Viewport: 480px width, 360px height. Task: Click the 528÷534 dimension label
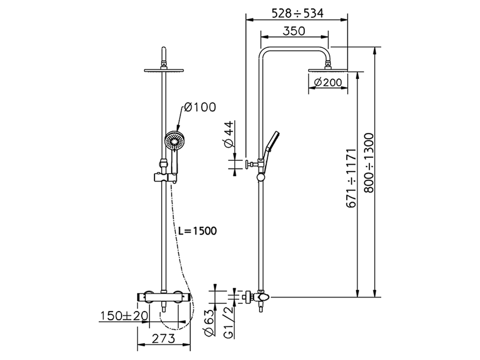297,13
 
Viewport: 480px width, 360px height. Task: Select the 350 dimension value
294,31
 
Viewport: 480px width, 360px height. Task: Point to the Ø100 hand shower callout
200,107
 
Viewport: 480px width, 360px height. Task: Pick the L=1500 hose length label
198,231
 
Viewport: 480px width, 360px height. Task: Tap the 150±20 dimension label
124,316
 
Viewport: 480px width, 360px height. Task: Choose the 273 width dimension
164,339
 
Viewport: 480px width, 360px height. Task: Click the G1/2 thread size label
229,322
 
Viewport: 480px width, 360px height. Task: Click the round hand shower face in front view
174,141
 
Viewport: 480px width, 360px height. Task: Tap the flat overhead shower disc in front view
164,70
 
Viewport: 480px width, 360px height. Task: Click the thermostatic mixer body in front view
163,297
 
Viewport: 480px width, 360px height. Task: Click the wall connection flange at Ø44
248,164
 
